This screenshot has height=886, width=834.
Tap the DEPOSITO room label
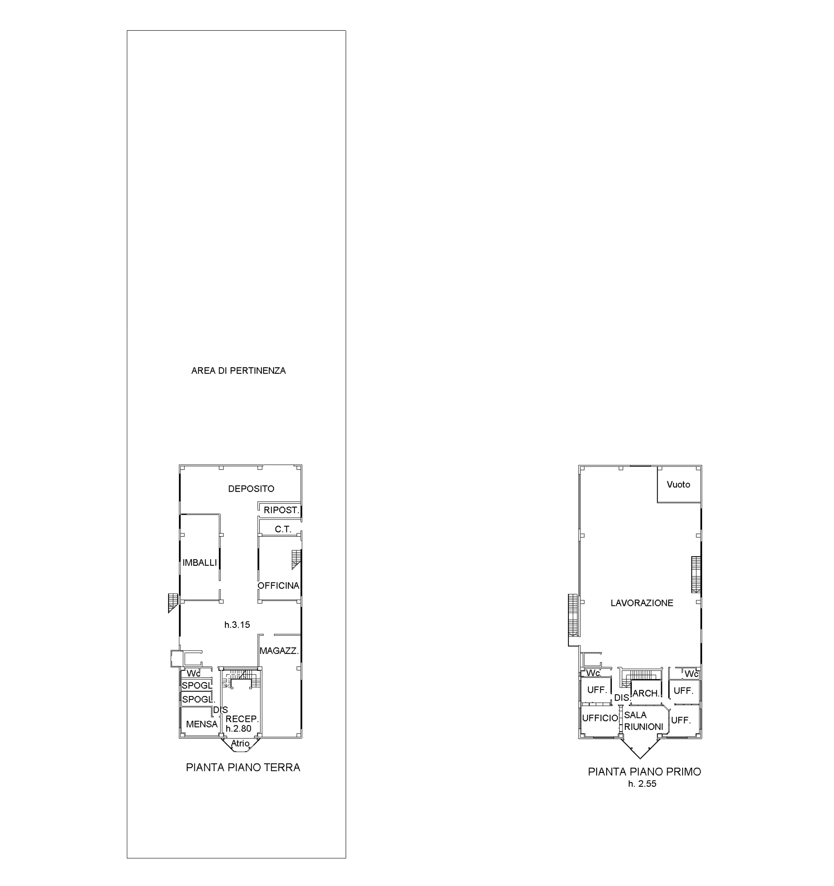tap(251, 488)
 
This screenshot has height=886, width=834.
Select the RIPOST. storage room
tap(281, 510)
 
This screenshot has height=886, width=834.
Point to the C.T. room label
tap(283, 529)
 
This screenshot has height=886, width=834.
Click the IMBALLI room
tap(200, 563)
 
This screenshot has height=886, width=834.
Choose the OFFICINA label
tap(278, 586)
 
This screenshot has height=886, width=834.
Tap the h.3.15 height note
tap(237, 625)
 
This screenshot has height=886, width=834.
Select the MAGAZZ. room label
tap(279, 651)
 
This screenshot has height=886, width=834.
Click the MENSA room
tap(202, 724)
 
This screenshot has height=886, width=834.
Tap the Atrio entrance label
tap(240, 743)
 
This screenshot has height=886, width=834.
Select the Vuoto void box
tap(679, 484)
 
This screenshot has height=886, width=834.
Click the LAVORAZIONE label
tap(642, 603)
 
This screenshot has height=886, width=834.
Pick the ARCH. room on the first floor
tap(646, 694)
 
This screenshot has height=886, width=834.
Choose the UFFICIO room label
tap(600, 718)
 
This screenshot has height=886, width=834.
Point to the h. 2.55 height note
tap(642, 784)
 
